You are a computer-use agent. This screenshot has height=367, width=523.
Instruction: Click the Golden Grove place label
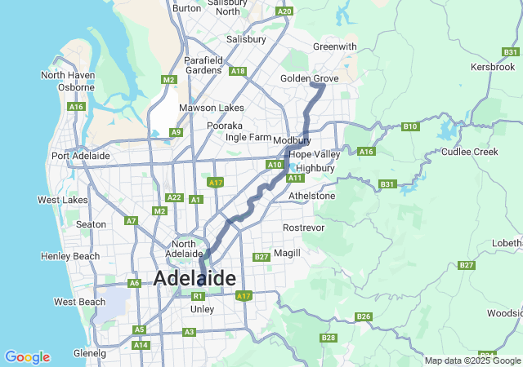coord(309,77)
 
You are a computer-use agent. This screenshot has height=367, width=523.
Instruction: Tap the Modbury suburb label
coord(293,140)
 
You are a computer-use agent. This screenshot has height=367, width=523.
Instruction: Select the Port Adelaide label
coord(80,156)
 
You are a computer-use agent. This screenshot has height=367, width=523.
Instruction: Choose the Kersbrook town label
coord(495,66)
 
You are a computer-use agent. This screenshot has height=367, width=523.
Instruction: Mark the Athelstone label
coord(312,196)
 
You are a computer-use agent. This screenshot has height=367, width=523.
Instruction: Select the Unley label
coord(202,309)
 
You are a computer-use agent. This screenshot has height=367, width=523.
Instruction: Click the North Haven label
coord(68,75)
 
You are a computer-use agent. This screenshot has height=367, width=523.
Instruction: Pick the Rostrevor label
coord(303,227)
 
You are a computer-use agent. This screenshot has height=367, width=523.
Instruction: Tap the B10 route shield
coord(410,126)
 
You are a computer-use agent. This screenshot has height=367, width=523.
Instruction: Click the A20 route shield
coord(284,11)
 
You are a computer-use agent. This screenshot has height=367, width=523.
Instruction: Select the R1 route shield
coord(198,296)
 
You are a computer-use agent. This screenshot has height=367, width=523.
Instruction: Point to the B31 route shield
coord(387,185)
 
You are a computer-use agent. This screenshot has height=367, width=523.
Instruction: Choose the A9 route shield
coord(176,132)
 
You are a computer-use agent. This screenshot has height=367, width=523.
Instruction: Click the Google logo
coord(27,357)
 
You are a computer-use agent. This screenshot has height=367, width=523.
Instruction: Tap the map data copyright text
coord(472,360)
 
